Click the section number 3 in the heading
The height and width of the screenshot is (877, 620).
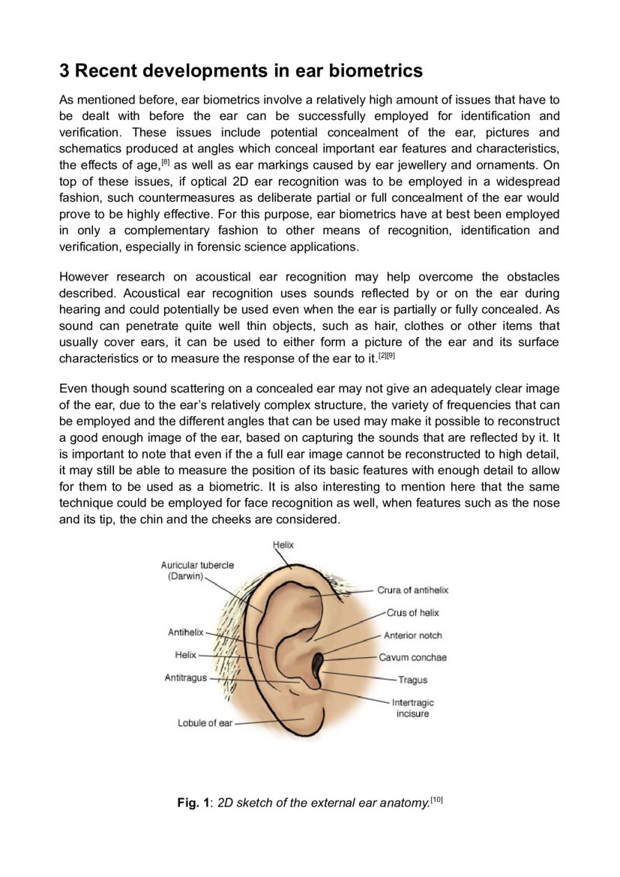(x=64, y=71)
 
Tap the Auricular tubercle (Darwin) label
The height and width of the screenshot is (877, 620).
(x=197, y=571)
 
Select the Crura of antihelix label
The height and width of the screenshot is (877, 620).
(x=412, y=590)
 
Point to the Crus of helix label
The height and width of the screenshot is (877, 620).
(x=412, y=613)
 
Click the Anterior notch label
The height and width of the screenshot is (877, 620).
(x=412, y=635)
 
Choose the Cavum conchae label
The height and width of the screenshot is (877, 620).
(x=412, y=657)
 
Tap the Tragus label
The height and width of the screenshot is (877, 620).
(x=412, y=680)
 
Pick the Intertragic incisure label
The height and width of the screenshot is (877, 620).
(x=412, y=708)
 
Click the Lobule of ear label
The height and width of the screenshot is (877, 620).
(x=205, y=723)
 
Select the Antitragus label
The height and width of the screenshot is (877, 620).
(x=185, y=678)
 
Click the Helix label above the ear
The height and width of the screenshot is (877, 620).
(x=283, y=545)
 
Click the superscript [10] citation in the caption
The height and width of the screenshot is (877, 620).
(x=437, y=800)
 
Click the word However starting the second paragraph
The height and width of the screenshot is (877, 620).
(x=85, y=276)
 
